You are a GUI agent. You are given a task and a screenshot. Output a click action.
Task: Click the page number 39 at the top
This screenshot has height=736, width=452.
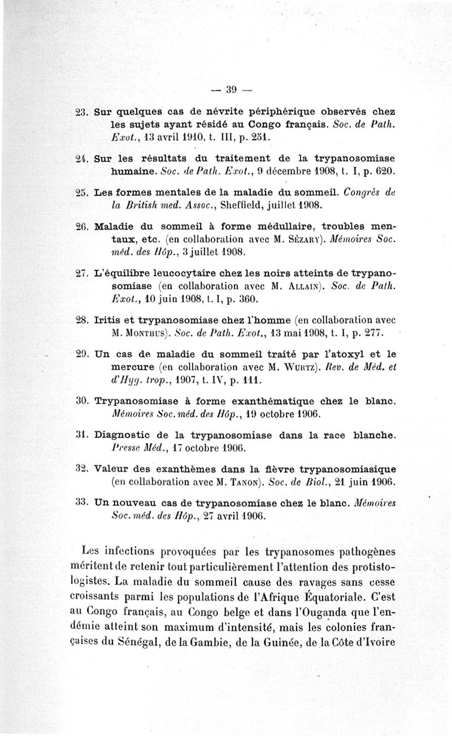point(231,89)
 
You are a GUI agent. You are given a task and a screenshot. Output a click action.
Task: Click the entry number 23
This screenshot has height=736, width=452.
point(82,111)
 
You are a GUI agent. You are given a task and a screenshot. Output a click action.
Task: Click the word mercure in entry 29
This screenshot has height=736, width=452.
point(131,368)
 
